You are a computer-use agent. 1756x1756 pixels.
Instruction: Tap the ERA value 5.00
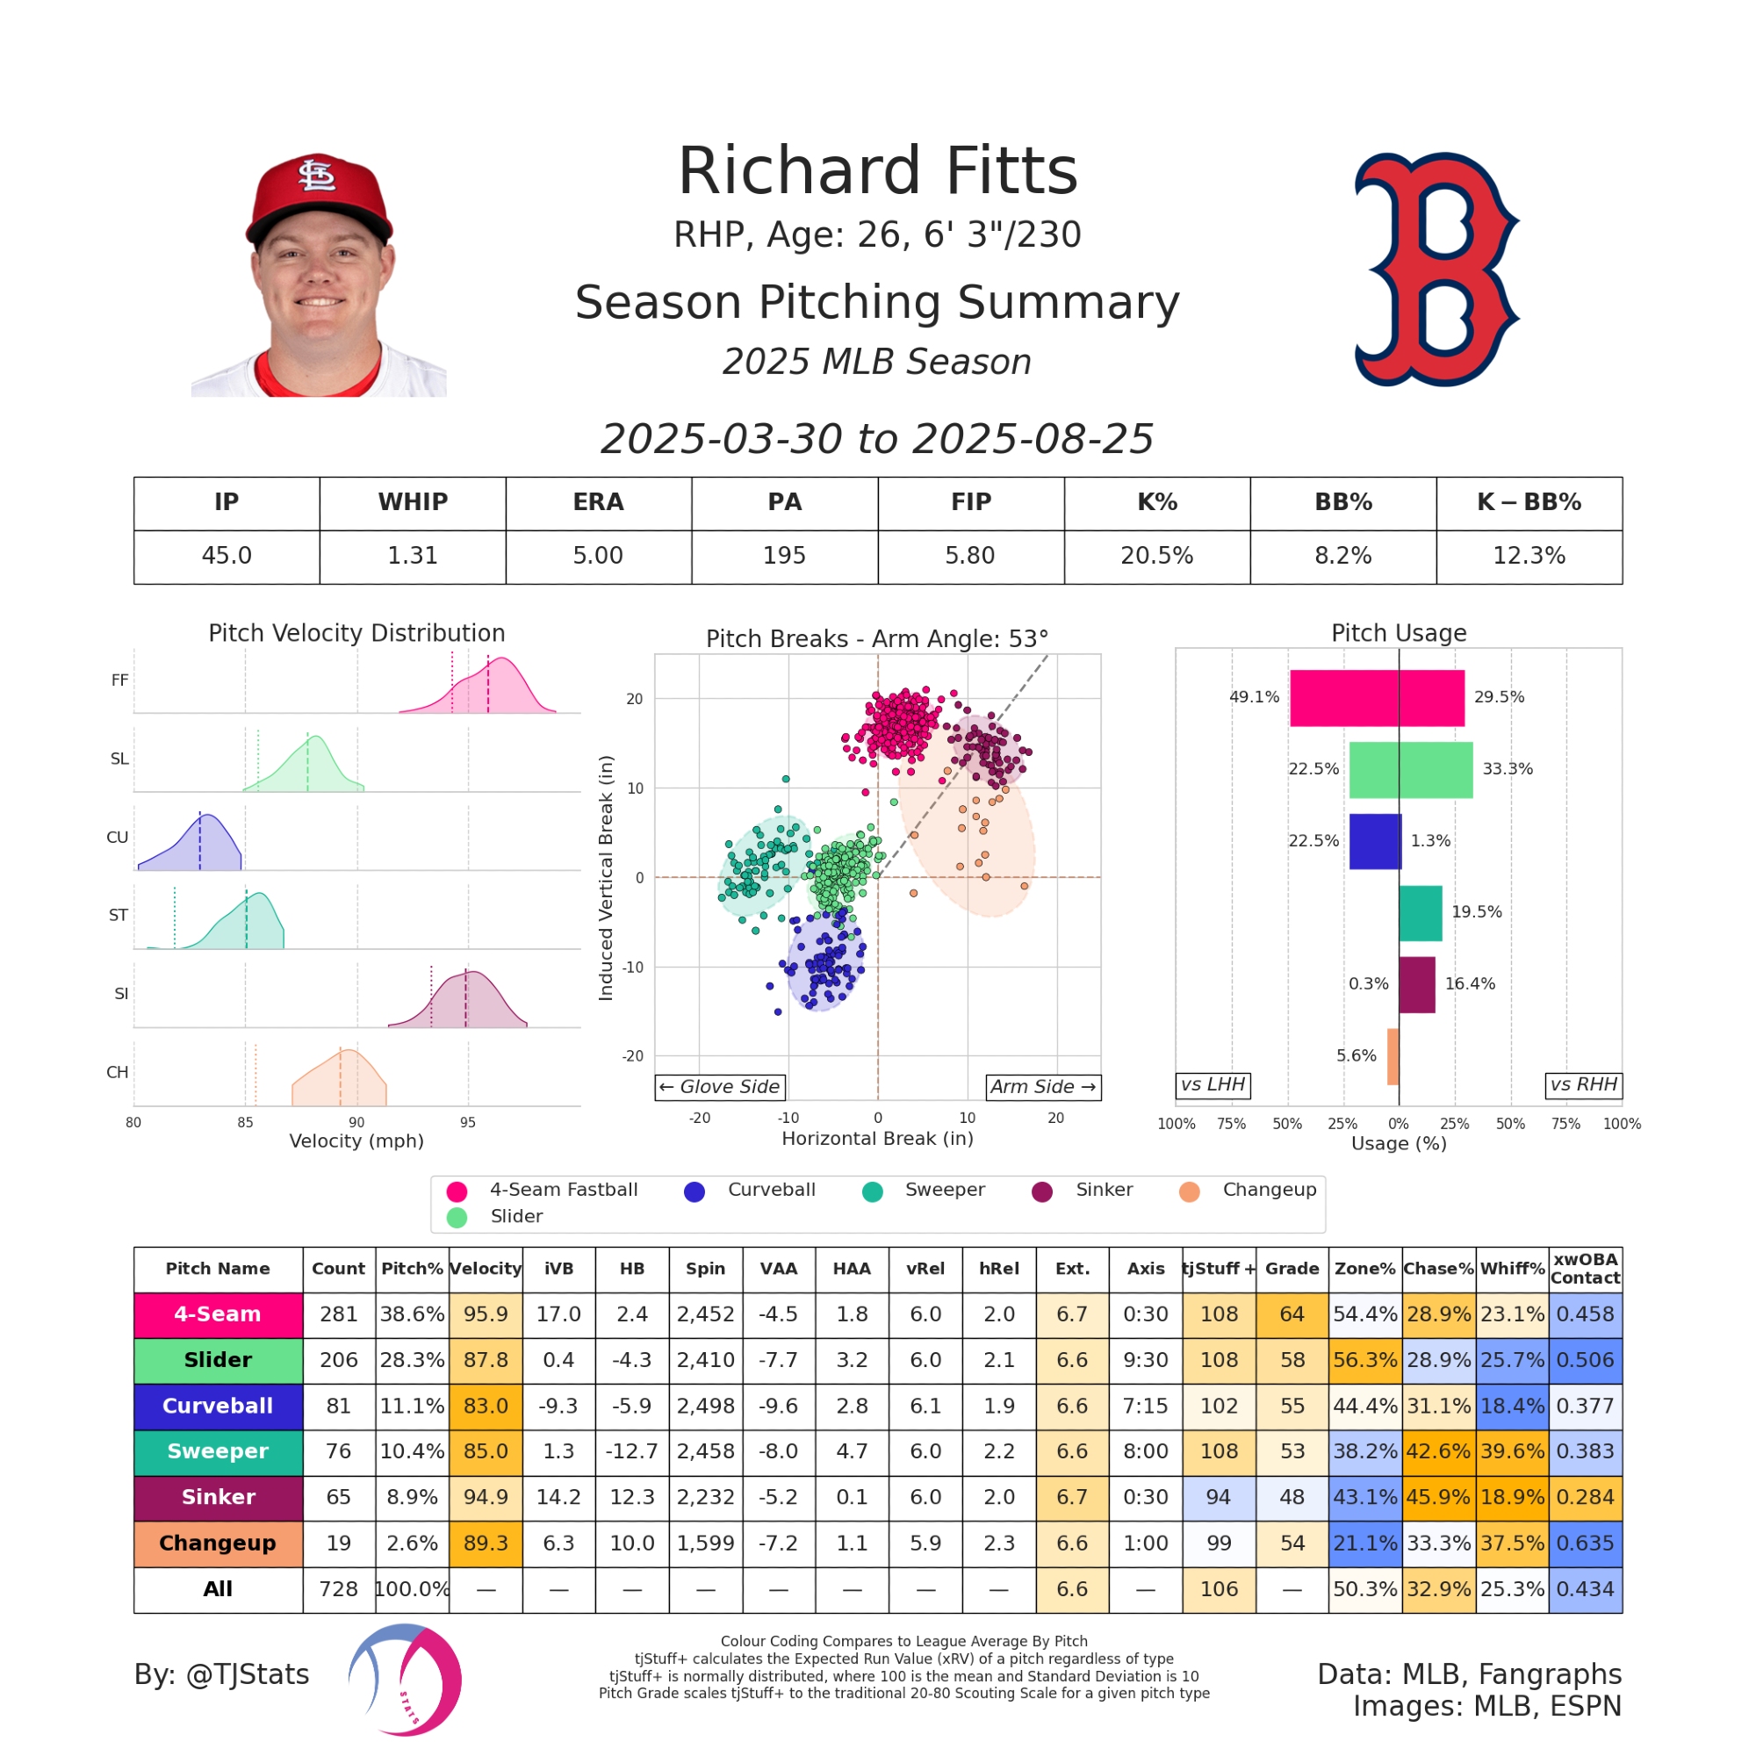tap(598, 556)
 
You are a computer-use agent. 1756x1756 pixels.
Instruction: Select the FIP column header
tap(971, 502)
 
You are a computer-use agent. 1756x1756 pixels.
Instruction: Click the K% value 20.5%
tap(1156, 556)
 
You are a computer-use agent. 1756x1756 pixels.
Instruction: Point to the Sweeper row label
tap(218, 1451)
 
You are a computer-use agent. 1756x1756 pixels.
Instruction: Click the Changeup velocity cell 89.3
tap(486, 1544)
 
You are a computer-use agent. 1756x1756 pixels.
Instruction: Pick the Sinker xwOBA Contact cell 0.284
tap(1584, 1497)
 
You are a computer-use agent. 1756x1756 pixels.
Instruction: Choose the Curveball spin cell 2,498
tap(705, 1406)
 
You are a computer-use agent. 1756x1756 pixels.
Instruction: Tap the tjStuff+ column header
tap(1218, 1269)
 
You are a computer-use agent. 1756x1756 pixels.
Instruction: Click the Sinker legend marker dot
tap(1041, 1191)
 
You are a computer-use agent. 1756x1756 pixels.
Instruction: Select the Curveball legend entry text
tap(771, 1190)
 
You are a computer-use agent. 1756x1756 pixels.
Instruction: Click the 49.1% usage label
tap(1254, 697)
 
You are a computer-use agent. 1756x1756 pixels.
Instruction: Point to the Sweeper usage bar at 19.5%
tap(1420, 912)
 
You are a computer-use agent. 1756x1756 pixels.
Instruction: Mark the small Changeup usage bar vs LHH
tap(1393, 1056)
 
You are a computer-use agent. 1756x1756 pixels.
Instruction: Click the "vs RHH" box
tap(1583, 1084)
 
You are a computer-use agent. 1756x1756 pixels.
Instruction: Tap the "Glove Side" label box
tap(720, 1087)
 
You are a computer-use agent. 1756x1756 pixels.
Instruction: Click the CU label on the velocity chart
tap(118, 837)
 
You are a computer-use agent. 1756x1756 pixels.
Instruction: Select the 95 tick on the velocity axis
tap(467, 1122)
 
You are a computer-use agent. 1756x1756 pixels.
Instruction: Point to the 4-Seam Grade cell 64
tap(1292, 1314)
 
